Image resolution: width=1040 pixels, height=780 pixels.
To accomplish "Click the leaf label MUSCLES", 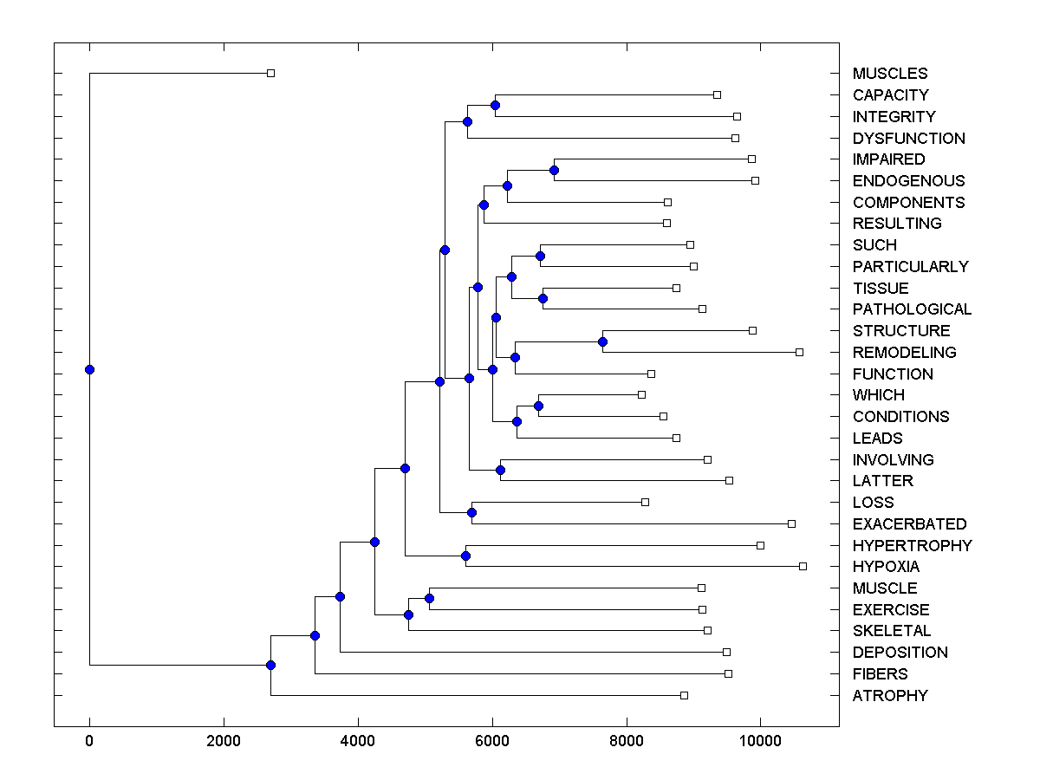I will pos(889,74).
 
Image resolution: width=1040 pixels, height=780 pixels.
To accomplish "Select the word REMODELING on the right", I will pos(904,353).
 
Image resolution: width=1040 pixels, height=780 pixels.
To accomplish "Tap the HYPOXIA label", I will pos(886,567).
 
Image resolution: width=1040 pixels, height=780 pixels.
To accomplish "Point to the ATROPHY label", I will pos(889,696).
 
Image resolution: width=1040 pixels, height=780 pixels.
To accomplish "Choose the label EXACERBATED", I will pos(909,524).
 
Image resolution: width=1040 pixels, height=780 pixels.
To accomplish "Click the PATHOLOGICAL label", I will pos(912,309).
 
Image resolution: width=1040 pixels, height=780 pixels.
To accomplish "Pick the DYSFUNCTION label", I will pos(908,139).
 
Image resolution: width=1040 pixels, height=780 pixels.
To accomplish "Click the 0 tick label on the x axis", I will pos(89,742).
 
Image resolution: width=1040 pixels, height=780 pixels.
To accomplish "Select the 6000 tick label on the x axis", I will pos(492,742).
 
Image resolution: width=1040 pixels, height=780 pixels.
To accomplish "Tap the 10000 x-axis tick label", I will pos(761,742).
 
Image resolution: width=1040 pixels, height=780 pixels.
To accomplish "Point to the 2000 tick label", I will pos(224,742).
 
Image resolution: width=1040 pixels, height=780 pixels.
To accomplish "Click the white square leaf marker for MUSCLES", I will pos(270,73).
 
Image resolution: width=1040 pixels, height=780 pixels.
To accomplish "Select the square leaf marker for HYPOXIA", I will pos(803,566).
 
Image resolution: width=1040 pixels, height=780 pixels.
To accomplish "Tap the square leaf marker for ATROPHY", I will pos(684,695).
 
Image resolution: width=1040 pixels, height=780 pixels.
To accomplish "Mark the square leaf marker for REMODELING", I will pos(799,352).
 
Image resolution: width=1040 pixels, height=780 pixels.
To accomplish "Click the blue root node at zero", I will pos(89,369).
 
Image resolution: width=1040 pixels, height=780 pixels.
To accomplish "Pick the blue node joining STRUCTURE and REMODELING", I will pos(602,341).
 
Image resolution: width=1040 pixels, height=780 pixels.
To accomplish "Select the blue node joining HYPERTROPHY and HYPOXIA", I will pos(465,556).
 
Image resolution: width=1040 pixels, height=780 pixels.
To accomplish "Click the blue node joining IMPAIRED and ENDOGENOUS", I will pos(554,170).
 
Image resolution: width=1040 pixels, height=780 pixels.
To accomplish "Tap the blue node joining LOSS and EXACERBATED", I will pos(471,512).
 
